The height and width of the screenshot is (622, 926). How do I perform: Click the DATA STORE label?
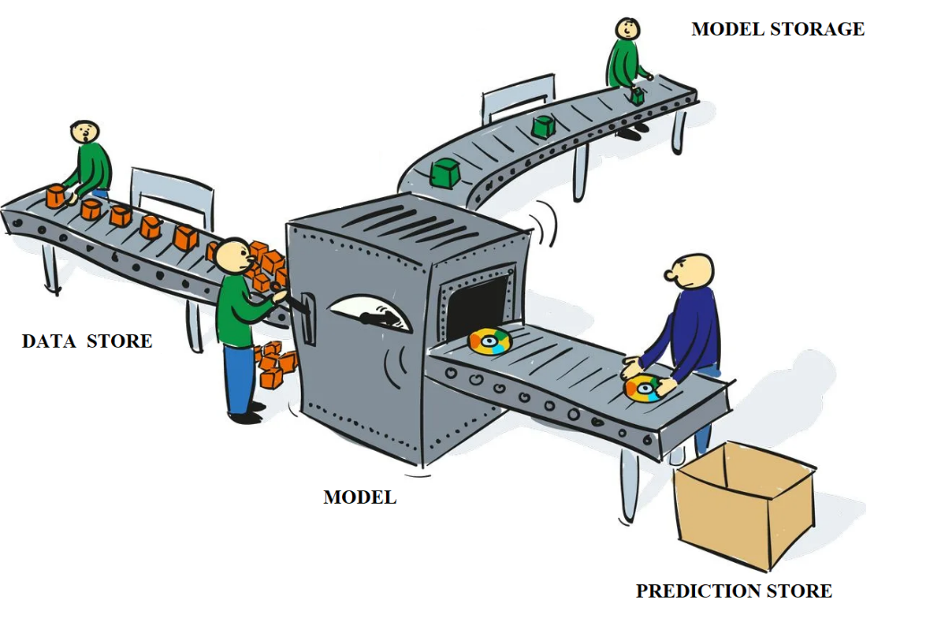pos(87,341)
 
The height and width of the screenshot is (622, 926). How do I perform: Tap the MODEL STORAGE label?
pos(777,29)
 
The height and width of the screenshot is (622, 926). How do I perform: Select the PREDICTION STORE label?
pos(733,592)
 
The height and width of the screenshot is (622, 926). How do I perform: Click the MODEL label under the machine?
pos(359,497)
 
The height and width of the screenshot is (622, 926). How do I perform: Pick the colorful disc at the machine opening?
pos(490,341)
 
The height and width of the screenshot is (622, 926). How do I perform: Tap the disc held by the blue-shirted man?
pos(644,388)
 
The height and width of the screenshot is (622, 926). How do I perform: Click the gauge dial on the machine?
pos(370,314)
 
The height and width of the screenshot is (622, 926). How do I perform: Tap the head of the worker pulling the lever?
pos(234,256)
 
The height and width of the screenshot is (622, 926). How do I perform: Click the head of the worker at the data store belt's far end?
pos(84,133)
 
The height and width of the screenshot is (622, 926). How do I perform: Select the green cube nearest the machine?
pos(443,173)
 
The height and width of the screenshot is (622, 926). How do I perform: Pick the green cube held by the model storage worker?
pos(637,97)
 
